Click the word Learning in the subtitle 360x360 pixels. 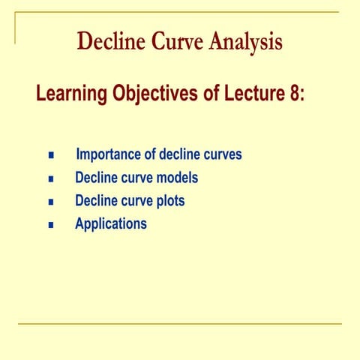[71, 95]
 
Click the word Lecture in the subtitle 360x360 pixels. [255, 95]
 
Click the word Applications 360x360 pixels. [111, 224]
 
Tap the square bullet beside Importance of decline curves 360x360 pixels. [51, 156]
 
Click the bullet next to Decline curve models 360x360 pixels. [51, 179]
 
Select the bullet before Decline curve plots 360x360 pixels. [51, 202]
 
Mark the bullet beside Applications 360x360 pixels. [51, 224]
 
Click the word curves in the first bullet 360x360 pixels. [222, 155]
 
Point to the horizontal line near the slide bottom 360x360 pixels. [180, 324]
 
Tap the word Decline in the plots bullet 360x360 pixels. [95, 201]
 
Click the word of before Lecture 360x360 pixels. [211, 95]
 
